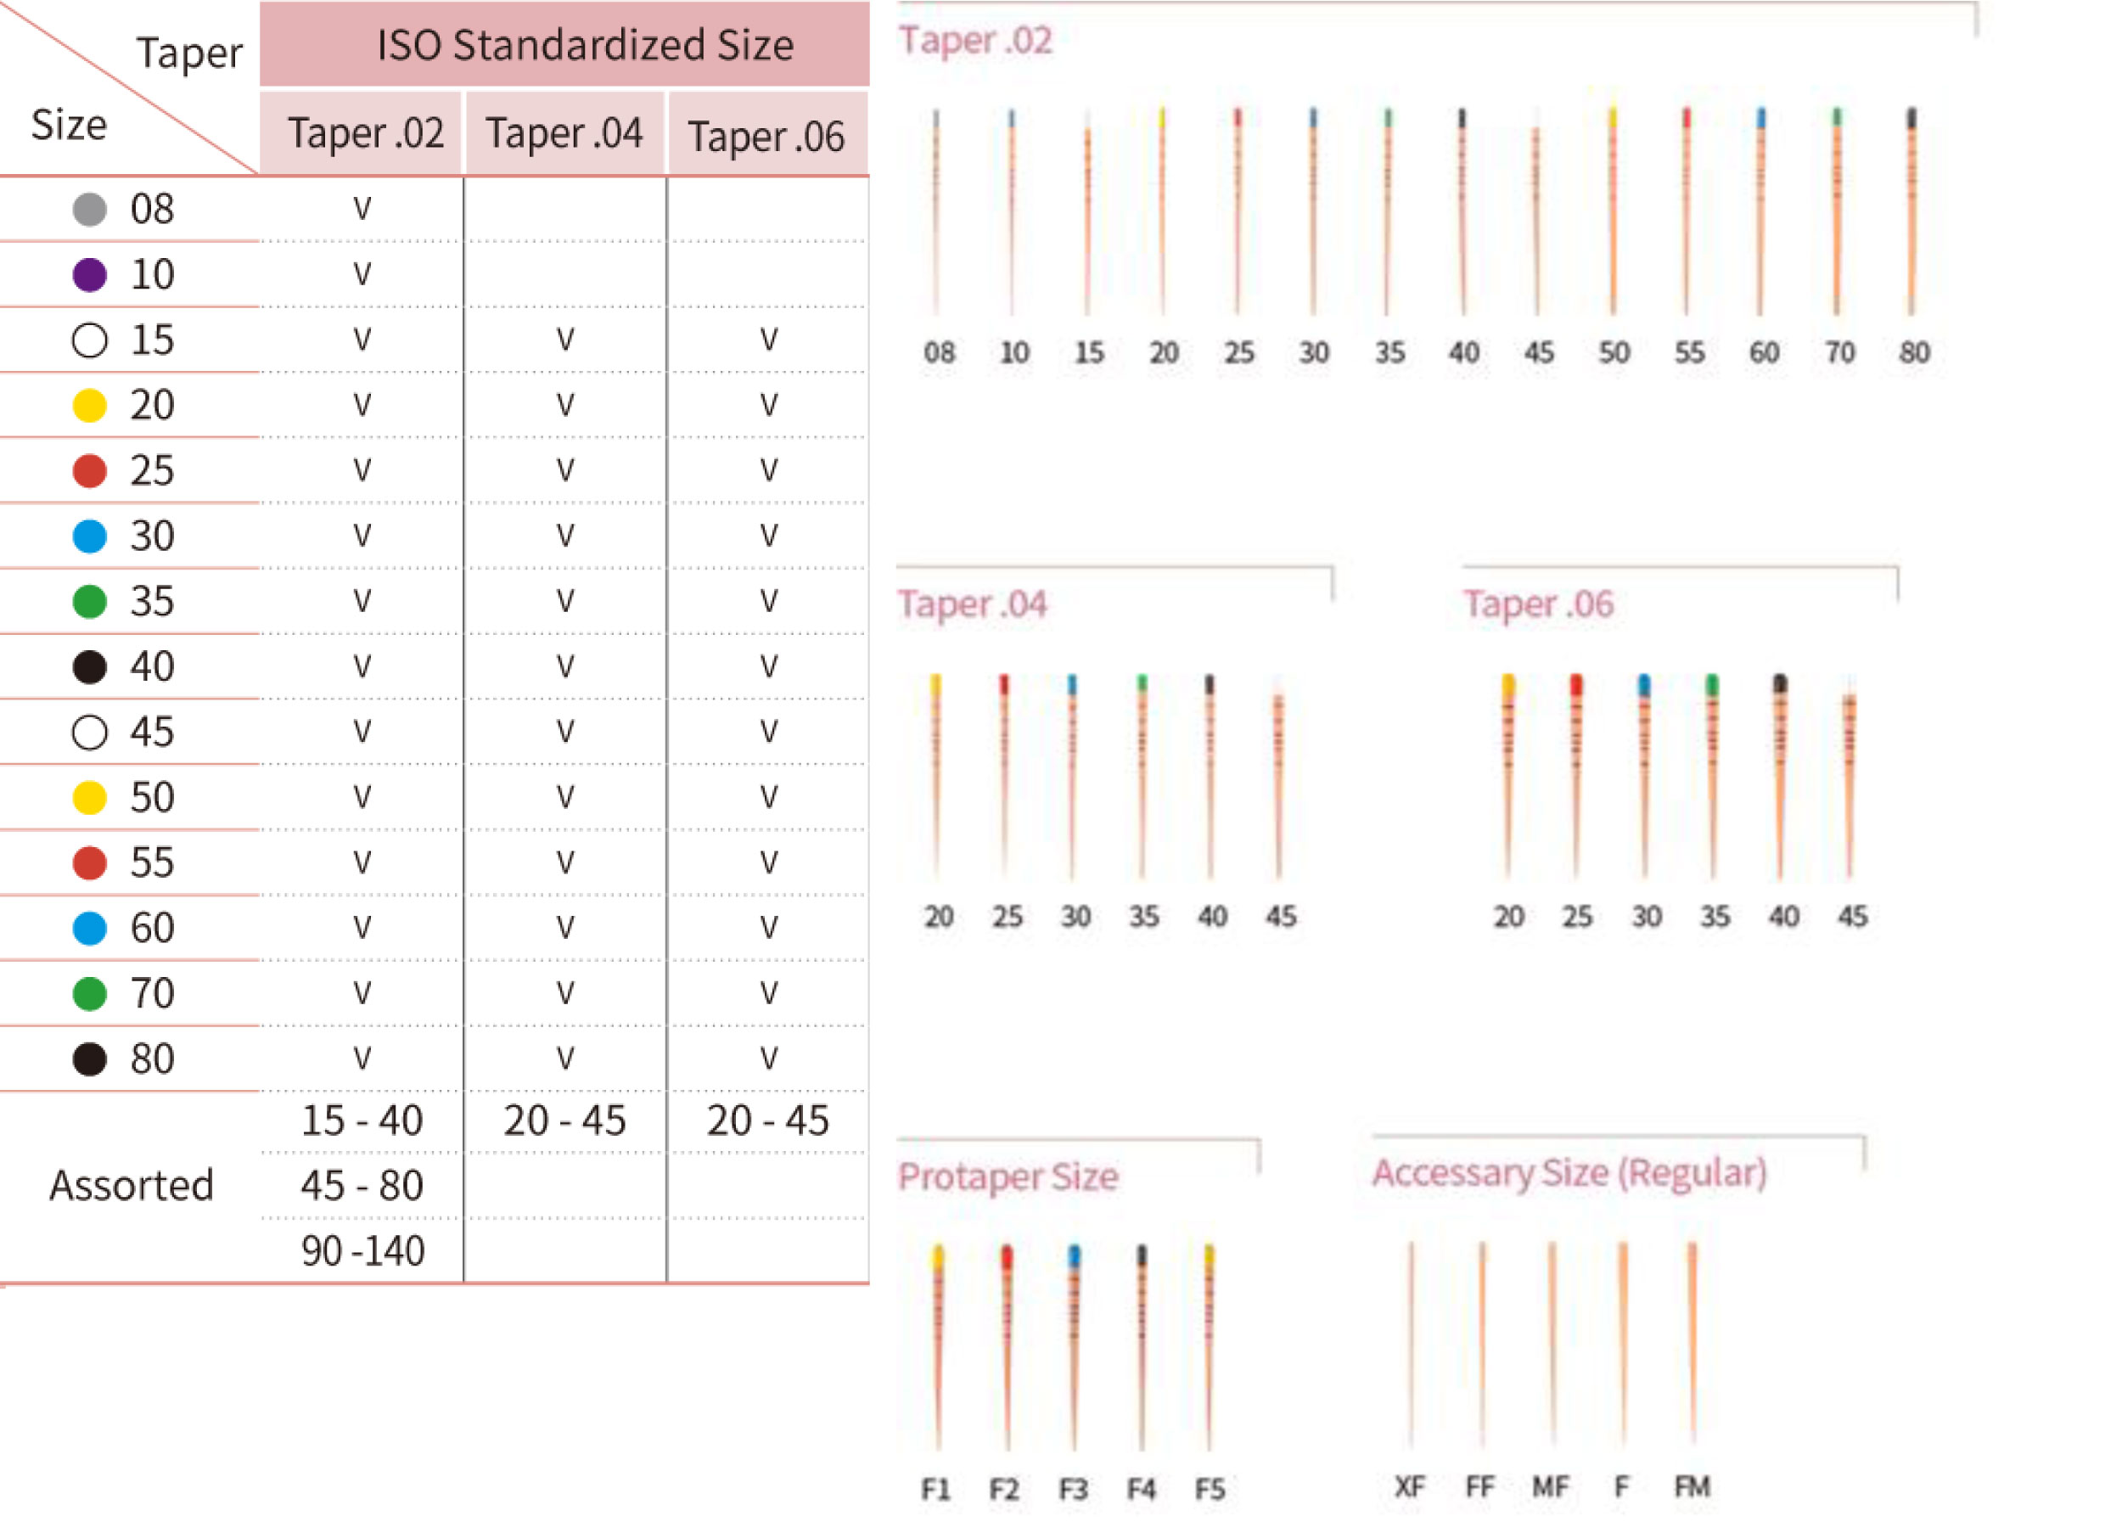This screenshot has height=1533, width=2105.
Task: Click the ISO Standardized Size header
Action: [585, 44]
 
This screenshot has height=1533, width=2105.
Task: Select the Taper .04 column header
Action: [564, 133]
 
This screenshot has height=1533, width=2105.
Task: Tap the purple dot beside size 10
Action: [90, 275]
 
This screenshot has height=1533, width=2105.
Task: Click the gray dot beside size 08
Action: [90, 209]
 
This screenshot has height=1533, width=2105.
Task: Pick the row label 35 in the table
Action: [151, 601]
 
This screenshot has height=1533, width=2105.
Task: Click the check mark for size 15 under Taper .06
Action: [768, 340]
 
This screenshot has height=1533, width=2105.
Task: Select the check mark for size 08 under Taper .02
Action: [362, 209]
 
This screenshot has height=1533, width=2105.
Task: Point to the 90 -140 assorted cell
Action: [362, 1251]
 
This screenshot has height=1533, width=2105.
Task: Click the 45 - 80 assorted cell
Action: [362, 1186]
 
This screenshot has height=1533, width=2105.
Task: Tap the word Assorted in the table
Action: [132, 1186]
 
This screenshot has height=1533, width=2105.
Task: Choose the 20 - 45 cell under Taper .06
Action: [767, 1121]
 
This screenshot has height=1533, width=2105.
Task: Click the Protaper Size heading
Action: [1008, 1176]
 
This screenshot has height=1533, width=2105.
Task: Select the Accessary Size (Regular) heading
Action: [1569, 1173]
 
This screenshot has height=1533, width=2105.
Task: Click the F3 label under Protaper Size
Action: [1074, 1490]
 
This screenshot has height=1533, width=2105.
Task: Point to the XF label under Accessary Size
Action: [1410, 1486]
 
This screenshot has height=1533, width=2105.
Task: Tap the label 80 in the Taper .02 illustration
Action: [1914, 352]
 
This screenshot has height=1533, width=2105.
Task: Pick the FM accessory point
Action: [1692, 1336]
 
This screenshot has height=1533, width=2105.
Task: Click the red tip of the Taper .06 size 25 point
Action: [1576, 685]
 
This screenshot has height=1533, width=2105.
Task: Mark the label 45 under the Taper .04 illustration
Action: [1281, 917]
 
